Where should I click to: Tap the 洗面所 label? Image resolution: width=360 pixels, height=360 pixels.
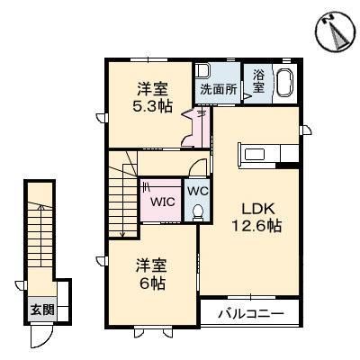(218, 89)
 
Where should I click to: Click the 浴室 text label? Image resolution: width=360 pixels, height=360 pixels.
(257, 83)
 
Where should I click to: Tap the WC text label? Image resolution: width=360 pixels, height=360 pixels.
(197, 191)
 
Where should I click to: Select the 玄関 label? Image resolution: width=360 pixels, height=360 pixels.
(40, 310)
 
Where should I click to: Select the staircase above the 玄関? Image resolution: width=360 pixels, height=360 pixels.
(40, 236)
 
